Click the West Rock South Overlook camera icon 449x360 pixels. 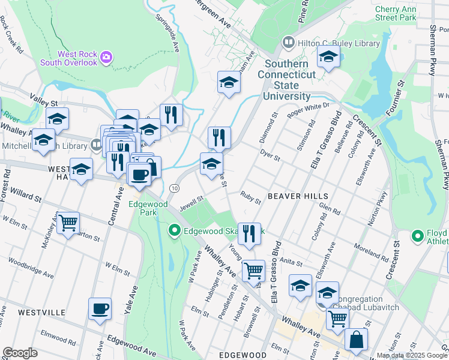click(x=106, y=57)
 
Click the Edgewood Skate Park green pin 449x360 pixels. click(x=175, y=230)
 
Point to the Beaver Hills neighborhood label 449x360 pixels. click(x=298, y=196)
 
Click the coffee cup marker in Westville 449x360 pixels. click(x=100, y=308)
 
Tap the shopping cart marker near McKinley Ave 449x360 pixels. click(x=68, y=223)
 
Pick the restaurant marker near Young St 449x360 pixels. click(x=249, y=233)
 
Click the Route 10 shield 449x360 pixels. click(x=174, y=188)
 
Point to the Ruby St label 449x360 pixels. click(x=250, y=197)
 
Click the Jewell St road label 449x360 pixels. click(x=192, y=203)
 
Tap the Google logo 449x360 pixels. click(x=20, y=353)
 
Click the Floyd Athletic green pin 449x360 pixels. click(x=418, y=235)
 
